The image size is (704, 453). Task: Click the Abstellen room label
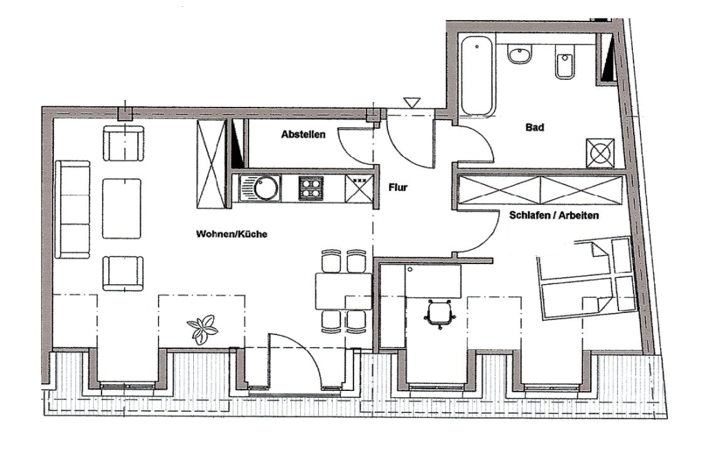pos(303,136)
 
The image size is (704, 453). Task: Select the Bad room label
pos(534,128)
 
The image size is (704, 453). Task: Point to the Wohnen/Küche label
pos(231,234)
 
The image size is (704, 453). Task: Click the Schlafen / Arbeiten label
pos(554,215)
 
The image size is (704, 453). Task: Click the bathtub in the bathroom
pos(477,77)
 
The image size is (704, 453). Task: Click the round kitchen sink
pos(264,187)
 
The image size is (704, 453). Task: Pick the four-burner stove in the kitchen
pos(311,188)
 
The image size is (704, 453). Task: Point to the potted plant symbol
pos(203,328)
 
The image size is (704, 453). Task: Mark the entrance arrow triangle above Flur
pos(412,102)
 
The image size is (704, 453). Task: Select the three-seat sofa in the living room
pos(72,208)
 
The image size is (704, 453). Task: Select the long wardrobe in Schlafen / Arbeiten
pos(540,190)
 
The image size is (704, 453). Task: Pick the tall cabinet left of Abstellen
pos(211,163)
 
